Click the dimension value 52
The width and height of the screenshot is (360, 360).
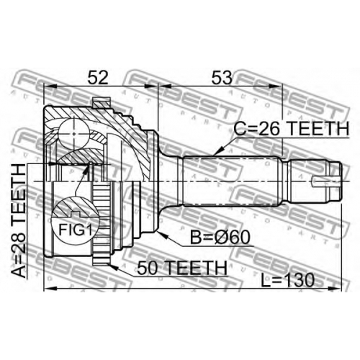[98, 77]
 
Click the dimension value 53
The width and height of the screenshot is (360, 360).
[222, 77]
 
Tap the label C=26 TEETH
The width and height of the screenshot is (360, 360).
[292, 129]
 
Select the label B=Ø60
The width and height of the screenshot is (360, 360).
[220, 238]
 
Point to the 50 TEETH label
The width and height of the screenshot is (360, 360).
[182, 268]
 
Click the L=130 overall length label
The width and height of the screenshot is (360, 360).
[288, 280]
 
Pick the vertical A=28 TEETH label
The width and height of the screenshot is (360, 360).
[19, 221]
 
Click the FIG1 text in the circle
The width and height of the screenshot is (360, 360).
[76, 230]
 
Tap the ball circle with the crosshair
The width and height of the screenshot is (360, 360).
[74, 133]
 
